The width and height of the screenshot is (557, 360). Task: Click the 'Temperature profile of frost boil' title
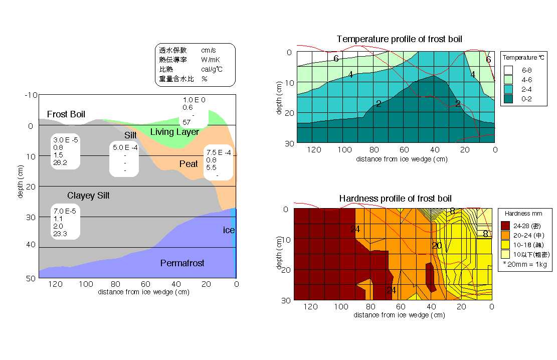[x=399, y=39]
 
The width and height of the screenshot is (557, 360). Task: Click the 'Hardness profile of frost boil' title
[x=396, y=199]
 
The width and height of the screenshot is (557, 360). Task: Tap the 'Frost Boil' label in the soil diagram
[x=66, y=114]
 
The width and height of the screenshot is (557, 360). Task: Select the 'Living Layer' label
[x=174, y=132]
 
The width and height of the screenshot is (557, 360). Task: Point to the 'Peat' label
[x=189, y=164]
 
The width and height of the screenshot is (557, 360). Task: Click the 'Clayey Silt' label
[x=88, y=196]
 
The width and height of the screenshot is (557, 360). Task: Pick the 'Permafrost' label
[x=182, y=263]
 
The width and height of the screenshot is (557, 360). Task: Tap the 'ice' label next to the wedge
[x=229, y=230]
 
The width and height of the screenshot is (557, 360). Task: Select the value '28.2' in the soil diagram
[x=60, y=162]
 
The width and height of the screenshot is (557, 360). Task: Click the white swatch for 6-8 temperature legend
[x=508, y=70]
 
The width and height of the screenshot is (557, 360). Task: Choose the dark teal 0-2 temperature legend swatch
[x=508, y=99]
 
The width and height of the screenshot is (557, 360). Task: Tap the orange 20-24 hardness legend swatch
[x=506, y=234]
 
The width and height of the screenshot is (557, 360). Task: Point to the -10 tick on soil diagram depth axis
[x=31, y=95]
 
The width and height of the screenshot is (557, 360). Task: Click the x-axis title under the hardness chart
[x=399, y=315]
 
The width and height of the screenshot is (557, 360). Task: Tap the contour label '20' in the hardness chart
[x=437, y=246]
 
